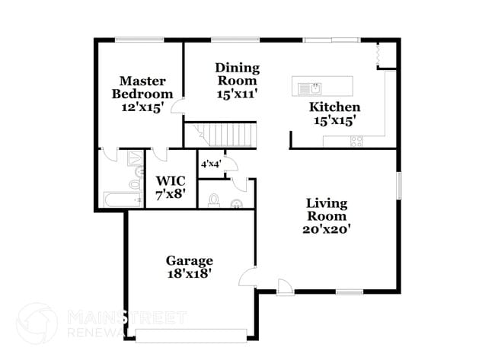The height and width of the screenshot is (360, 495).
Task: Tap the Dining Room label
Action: click(237, 74)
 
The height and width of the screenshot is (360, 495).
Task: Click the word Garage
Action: click(190, 260)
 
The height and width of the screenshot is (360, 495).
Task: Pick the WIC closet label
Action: click(170, 181)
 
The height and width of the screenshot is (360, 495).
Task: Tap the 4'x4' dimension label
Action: click(211, 164)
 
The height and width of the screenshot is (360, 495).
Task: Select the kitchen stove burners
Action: click(356, 141)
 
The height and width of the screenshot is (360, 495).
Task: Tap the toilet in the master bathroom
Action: click(135, 183)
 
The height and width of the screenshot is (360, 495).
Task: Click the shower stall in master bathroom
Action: click(134, 158)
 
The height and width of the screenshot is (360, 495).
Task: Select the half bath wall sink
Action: click(237, 203)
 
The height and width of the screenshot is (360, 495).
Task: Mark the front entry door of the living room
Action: click(283, 287)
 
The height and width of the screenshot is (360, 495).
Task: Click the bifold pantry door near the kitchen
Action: click(378, 55)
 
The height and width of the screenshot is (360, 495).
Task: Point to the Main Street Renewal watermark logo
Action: click(37, 323)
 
